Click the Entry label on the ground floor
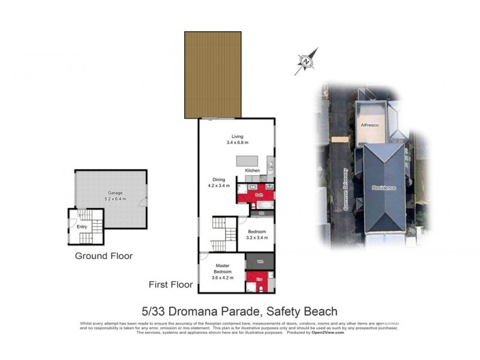tap(82, 226)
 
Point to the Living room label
tap(237, 136)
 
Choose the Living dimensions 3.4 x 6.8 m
tap(237, 143)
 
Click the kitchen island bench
tap(248, 161)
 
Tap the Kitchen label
tap(253, 171)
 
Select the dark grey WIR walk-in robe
tap(260, 262)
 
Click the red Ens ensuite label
tap(259, 279)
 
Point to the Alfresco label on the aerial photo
tap(370, 125)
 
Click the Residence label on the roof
tap(384, 188)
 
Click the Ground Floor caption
tap(103, 256)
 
